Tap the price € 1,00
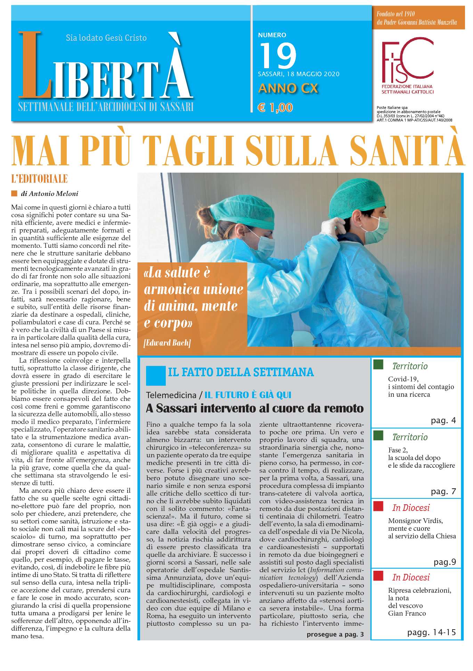pos(275,108)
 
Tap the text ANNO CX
pos(288,88)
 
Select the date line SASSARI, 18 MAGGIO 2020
pos(299,74)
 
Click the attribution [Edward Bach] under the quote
pos(167,343)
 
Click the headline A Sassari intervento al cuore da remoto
pos(255,408)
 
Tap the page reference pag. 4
pos(443,421)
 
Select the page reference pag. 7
pos(443,491)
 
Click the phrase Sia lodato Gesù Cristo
pos(106,38)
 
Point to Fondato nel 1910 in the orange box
pos(395,15)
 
